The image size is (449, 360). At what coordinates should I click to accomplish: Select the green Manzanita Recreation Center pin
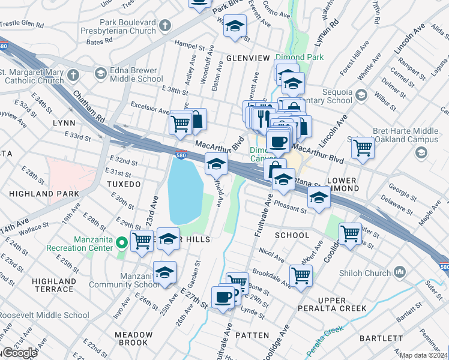click(x=121, y=243)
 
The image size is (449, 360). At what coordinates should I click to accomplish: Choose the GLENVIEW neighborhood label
click(x=248, y=58)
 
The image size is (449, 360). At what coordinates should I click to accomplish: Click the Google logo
click(x=20, y=353)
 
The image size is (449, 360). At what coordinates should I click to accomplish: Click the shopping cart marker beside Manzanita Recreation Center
click(x=142, y=242)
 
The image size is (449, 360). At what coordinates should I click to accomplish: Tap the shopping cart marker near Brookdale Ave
click(x=301, y=276)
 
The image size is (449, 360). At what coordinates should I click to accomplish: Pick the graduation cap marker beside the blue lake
click(x=216, y=163)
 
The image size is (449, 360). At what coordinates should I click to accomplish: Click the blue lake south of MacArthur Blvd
click(x=184, y=192)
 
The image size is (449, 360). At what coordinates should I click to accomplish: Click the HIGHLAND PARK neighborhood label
click(x=44, y=194)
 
